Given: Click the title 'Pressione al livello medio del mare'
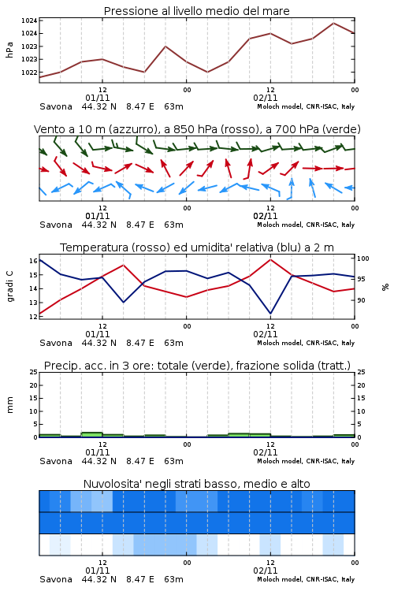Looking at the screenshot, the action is [x=196, y=11].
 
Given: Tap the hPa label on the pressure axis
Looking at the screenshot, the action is [x=9, y=50].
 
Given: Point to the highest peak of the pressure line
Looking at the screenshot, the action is [x=333, y=23].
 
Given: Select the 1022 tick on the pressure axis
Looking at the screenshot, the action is [x=29, y=72].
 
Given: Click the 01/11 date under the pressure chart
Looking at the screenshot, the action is [x=97, y=98].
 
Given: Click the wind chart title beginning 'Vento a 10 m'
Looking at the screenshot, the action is [x=197, y=129].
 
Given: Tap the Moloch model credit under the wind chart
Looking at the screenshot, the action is [x=306, y=225].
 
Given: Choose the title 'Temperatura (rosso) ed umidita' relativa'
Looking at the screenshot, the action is [x=197, y=247].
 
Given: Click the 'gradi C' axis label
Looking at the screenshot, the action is [x=9, y=286].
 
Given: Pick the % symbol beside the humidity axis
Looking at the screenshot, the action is [x=385, y=287].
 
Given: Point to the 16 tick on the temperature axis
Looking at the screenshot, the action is [x=33, y=261].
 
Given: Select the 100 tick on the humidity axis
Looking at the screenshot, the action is [x=363, y=258].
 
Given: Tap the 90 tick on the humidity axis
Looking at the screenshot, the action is [x=361, y=300].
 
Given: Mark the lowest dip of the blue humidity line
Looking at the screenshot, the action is [x=270, y=313].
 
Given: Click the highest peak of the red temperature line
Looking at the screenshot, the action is [x=270, y=259].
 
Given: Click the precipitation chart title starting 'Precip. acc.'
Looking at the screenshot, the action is [x=197, y=366].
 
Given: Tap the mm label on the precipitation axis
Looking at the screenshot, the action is [x=9, y=405].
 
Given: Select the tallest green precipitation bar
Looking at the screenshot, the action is [x=91, y=434].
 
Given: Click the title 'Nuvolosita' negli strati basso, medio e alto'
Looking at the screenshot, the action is [x=196, y=484].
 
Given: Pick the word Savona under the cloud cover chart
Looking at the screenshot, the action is [x=56, y=579].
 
